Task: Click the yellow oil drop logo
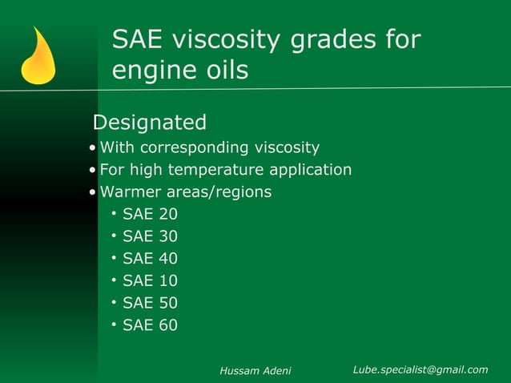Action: [x=38, y=58]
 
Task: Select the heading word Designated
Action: [x=150, y=123]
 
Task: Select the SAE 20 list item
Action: [x=150, y=214]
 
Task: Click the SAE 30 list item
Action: [x=150, y=236]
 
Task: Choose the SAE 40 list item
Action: [x=150, y=259]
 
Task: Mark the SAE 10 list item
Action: [x=150, y=280]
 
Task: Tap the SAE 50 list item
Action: [x=150, y=303]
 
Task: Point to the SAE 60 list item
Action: [x=150, y=325]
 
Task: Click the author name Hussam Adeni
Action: [x=255, y=370]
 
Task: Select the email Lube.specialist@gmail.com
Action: [x=420, y=369]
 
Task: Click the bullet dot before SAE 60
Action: [x=115, y=325]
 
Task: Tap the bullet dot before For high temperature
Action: [x=93, y=171]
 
